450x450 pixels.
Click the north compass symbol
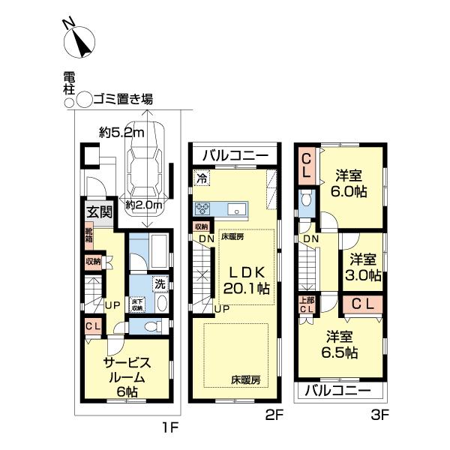point(80,42)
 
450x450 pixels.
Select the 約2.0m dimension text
point(145,205)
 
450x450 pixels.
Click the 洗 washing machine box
point(159,285)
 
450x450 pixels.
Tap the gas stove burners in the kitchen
point(205,208)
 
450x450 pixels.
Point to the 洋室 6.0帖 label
point(349,183)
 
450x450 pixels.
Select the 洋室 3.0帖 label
point(363,268)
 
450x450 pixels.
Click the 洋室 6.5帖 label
point(340,344)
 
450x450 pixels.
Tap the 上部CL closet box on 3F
point(305,305)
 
